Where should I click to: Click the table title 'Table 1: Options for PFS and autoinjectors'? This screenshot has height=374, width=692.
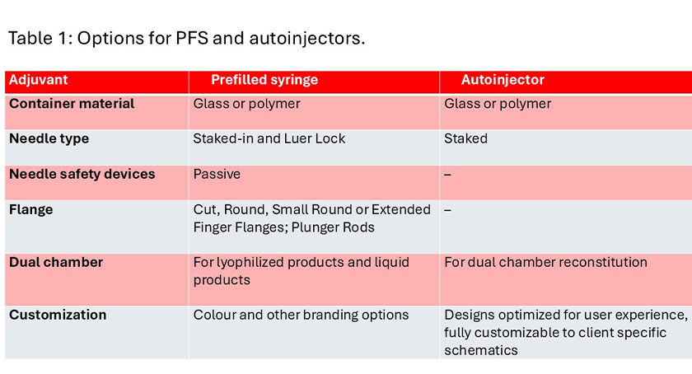click(187, 38)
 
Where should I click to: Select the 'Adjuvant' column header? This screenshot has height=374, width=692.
click(39, 79)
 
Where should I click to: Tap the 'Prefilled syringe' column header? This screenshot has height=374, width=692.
click(264, 79)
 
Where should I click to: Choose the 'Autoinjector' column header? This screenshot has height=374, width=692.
click(503, 79)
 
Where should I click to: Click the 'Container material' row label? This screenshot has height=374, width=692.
click(72, 103)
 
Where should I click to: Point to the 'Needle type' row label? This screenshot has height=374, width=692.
click(49, 138)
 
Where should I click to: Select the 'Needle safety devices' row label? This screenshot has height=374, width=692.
click(82, 174)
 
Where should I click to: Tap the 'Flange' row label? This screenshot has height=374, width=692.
click(31, 209)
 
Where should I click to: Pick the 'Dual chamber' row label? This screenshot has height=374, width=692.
click(56, 262)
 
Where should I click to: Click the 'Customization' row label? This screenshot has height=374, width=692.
click(58, 315)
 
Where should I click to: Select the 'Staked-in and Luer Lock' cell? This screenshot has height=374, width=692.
click(269, 138)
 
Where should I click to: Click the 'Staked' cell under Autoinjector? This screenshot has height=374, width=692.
click(465, 138)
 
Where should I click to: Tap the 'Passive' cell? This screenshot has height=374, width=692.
click(217, 174)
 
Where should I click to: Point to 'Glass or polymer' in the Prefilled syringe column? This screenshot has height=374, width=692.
click(246, 104)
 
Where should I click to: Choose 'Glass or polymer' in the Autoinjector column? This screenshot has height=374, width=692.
click(498, 104)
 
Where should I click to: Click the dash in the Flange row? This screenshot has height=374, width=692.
click(447, 210)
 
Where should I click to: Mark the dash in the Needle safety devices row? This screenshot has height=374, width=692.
click(447, 175)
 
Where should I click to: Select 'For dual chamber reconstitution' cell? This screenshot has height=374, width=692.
click(545, 262)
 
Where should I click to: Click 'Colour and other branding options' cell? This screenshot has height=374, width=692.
click(301, 315)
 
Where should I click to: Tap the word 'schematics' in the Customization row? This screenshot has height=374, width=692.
click(481, 350)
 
